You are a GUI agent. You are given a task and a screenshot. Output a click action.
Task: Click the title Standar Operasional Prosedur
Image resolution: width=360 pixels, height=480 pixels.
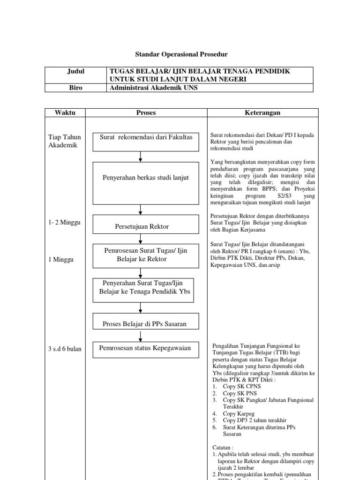coord(180,55)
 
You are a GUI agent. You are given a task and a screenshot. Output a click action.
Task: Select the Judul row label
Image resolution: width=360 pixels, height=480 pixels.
coord(75,71)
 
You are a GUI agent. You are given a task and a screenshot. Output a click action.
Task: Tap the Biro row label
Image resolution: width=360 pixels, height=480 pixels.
coord(75,88)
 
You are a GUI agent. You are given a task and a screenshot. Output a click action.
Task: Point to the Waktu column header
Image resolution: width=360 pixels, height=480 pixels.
coord(65,112)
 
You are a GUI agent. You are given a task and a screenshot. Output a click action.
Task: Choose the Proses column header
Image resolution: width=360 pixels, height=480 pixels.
coord(146,112)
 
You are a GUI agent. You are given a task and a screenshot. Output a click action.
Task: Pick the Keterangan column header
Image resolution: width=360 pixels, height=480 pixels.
coord(262,112)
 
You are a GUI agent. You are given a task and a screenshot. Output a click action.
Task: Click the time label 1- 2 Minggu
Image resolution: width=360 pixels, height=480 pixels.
coord(64,222)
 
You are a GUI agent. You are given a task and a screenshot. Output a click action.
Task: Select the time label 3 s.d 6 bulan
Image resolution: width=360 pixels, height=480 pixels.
coord(65,349)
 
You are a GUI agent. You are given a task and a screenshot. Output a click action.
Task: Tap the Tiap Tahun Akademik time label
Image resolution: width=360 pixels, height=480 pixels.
coord(65,141)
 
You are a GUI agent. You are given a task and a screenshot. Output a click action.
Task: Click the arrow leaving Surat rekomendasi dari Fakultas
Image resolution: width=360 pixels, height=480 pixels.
coord(141,157)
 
